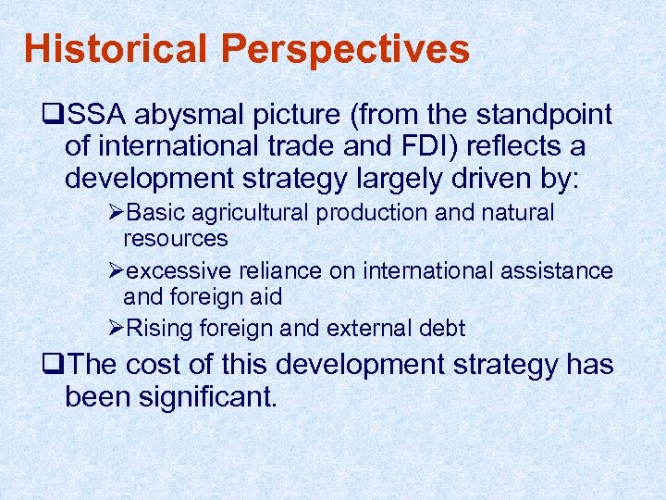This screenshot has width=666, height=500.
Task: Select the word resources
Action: [176, 238]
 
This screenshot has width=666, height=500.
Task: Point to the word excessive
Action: [177, 270]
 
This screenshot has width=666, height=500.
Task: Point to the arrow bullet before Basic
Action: [116, 213]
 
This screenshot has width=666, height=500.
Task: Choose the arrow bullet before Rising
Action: [116, 328]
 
